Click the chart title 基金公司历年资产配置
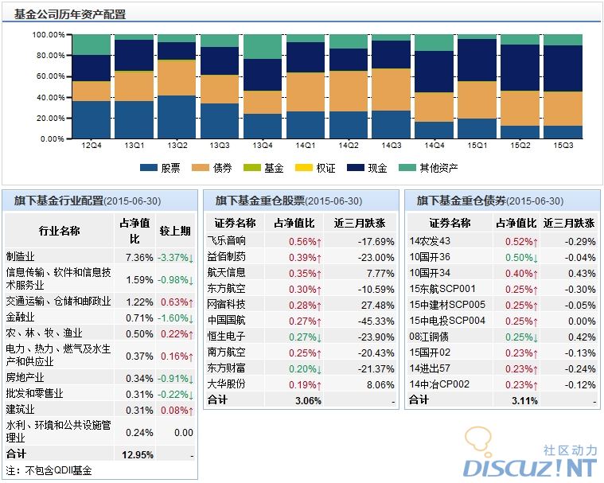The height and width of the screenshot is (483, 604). pos(70,14)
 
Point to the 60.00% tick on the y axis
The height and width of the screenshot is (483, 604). pos(48,76)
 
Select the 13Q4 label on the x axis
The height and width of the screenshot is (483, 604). pos(263,146)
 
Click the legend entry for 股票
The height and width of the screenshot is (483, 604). pos(160,168)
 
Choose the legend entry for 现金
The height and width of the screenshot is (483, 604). pos(367,168)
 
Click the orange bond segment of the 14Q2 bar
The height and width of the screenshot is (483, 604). pos(349,91)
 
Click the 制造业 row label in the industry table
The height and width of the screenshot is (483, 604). pos(21,257)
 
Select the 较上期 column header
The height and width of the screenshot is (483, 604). pos(175,231)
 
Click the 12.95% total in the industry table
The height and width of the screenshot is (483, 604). pos(135,454)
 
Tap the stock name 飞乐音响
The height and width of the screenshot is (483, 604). pos(227,241)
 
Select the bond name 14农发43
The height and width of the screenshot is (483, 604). pos(430,241)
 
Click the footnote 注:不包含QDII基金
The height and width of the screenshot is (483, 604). pos(49,470)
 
